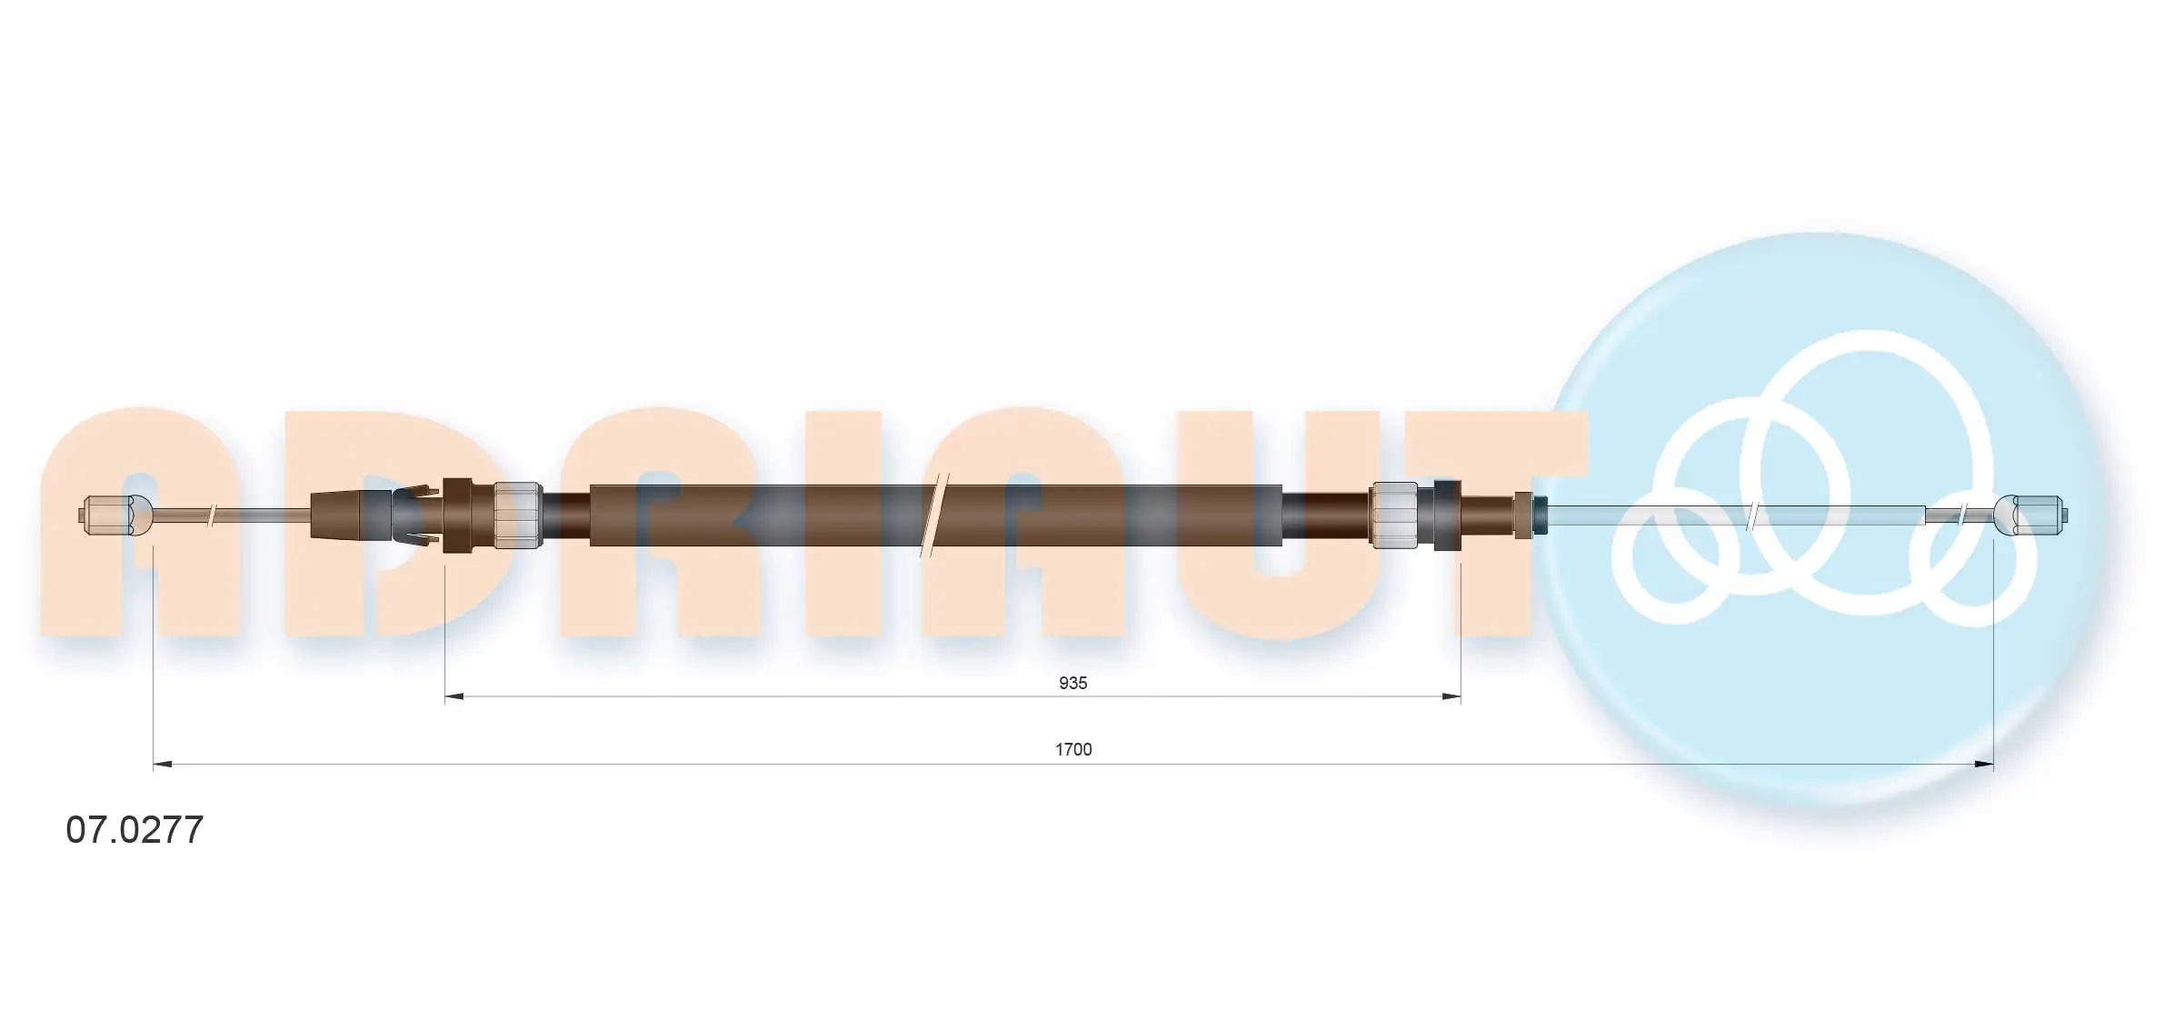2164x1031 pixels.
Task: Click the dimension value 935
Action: click(x=1072, y=683)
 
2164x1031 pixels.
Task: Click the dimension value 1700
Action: click(x=1073, y=749)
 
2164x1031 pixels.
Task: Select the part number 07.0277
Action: click(x=135, y=830)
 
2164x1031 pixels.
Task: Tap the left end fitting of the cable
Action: click(x=117, y=515)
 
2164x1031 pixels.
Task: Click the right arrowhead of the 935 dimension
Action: click(x=1451, y=696)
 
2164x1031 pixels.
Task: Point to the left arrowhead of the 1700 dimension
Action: click(x=163, y=765)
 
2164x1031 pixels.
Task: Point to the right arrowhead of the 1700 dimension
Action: click(x=1983, y=765)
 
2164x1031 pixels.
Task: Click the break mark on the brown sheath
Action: click(x=935, y=515)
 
